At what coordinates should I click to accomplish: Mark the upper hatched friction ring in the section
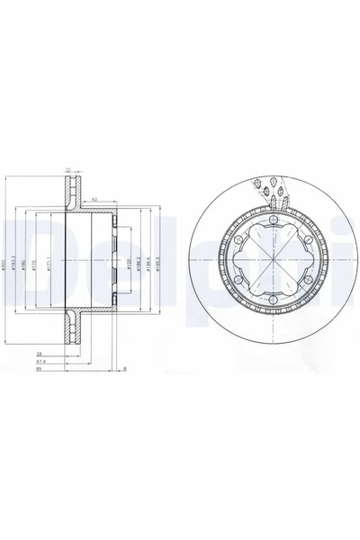click(71, 193)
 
